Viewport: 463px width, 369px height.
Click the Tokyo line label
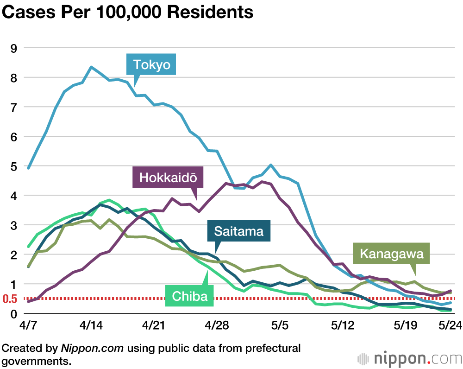[152, 64]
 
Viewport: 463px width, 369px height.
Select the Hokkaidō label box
[165, 177]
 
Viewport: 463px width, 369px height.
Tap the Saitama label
[239, 231]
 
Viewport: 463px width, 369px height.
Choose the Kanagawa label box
[391, 254]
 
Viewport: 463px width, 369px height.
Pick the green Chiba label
[190, 296]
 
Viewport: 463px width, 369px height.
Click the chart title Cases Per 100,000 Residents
[127, 12]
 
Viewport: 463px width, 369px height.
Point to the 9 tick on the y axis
[13, 48]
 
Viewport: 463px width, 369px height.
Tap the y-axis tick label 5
[13, 166]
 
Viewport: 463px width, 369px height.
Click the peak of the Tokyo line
[91, 67]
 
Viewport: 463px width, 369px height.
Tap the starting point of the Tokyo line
[29, 168]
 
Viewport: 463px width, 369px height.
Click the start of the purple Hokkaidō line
[29, 302]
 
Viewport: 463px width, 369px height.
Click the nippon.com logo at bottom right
[410, 358]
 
